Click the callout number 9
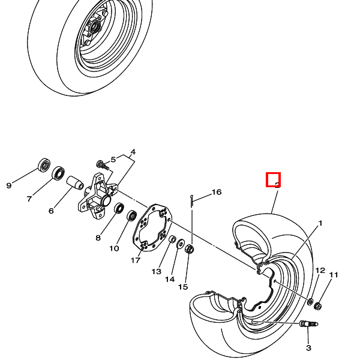click(8, 185)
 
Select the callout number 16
click(217, 193)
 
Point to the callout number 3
click(133, 152)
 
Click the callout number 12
click(320, 271)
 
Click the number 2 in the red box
click(274, 179)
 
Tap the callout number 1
click(320, 223)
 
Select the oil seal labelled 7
click(58, 173)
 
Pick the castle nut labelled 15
click(190, 248)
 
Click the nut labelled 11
click(319, 306)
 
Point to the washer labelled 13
click(172, 241)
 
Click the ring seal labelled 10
click(131, 214)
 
